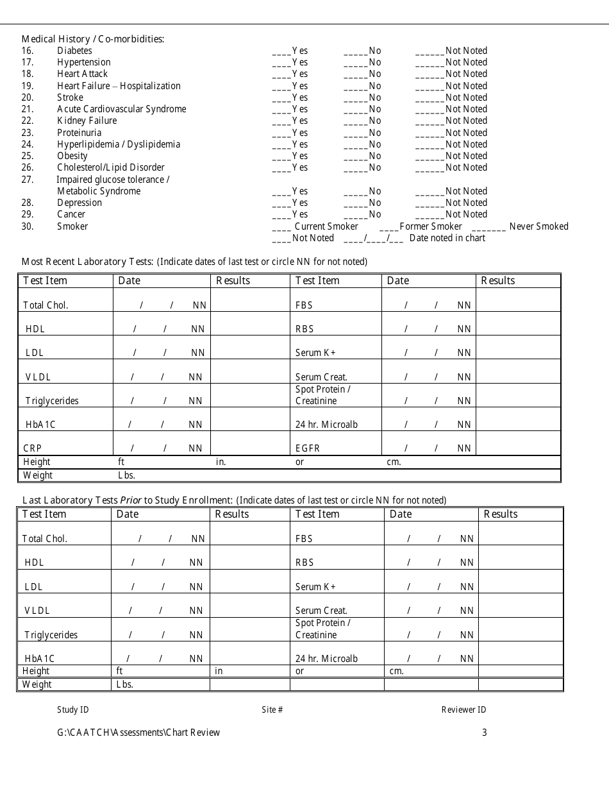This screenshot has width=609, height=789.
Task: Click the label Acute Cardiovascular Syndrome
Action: [x=121, y=109]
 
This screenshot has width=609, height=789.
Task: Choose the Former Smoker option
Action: [x=421, y=226]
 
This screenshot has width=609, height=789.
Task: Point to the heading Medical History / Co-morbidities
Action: [x=93, y=39]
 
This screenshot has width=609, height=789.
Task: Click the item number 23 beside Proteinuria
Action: [x=27, y=133]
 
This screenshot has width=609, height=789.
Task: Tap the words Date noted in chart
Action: [x=447, y=238]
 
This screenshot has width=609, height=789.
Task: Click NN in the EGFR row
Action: [x=464, y=448]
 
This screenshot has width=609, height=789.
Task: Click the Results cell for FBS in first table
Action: [x=518, y=300]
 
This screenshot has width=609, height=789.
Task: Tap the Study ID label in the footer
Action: [x=72, y=709]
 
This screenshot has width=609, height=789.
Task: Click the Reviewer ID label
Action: [x=463, y=709]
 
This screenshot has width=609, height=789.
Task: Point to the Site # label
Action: [x=272, y=709]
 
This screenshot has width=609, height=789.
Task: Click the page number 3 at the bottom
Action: [x=485, y=733]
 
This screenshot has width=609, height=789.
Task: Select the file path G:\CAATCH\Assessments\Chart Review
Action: [x=138, y=733]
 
